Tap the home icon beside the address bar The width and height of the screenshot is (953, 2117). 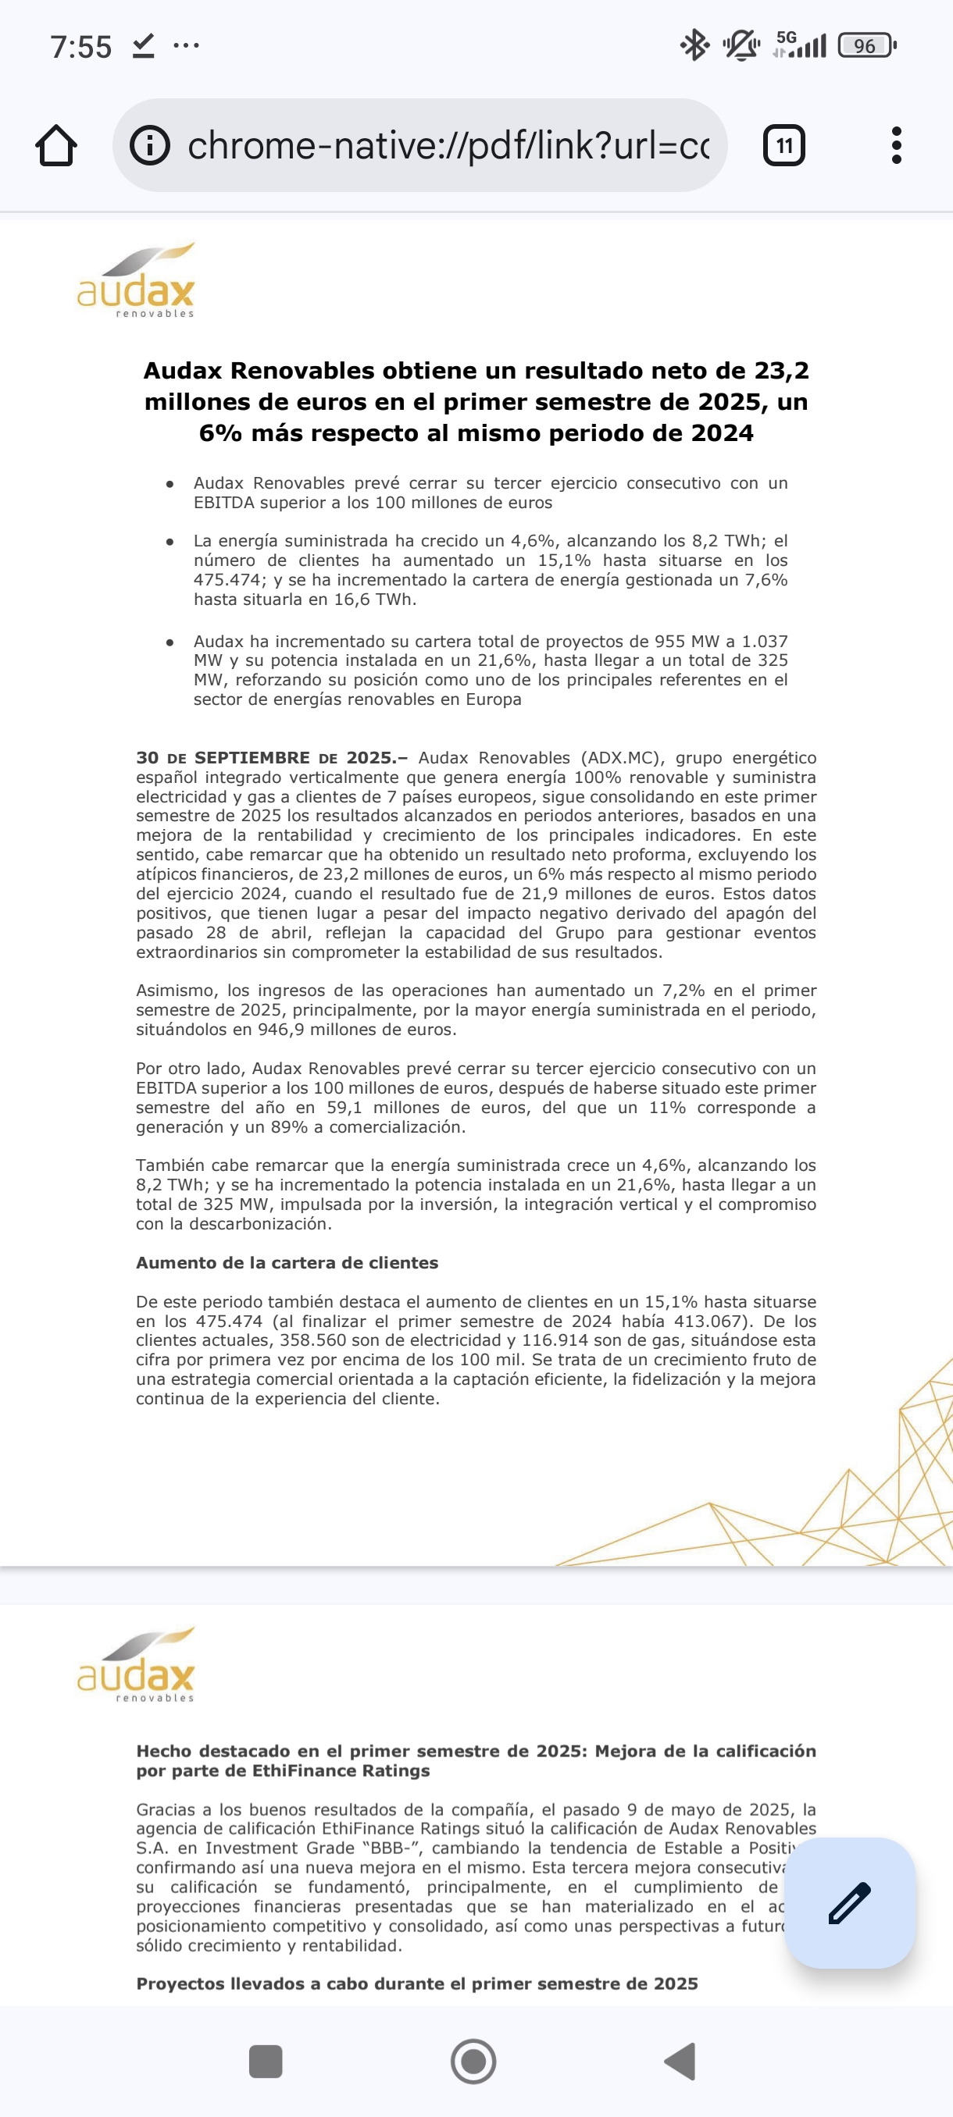point(57,145)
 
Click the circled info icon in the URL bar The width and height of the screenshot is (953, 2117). point(150,145)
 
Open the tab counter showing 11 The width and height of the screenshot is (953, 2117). point(783,145)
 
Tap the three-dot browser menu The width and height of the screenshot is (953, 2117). point(896,145)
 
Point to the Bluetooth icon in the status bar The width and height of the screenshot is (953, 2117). point(694,45)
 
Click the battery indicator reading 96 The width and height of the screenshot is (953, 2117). point(866,45)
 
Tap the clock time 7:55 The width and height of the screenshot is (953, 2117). point(80,47)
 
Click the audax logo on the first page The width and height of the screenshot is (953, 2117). point(137,281)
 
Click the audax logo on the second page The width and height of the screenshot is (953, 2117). point(137,1665)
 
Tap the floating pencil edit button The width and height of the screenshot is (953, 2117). point(849,1902)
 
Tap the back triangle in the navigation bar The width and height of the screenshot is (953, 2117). point(681,2061)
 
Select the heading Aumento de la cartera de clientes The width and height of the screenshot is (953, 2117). point(287,1263)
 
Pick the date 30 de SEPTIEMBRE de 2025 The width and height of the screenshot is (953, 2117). point(271,758)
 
